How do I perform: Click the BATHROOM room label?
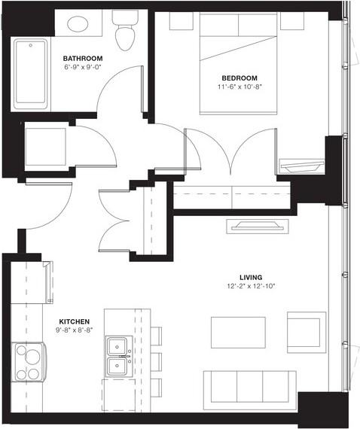pos(83,58)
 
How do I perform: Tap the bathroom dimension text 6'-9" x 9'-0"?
pos(83,67)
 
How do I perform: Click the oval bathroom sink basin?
pos(80,24)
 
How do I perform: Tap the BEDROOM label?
pos(239,78)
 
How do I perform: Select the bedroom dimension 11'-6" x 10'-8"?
pos(239,87)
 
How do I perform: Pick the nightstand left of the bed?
pos(181,21)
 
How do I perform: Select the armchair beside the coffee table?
pos(307,332)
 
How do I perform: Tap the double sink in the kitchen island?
pos(117,357)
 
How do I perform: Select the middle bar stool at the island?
pos(156,360)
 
